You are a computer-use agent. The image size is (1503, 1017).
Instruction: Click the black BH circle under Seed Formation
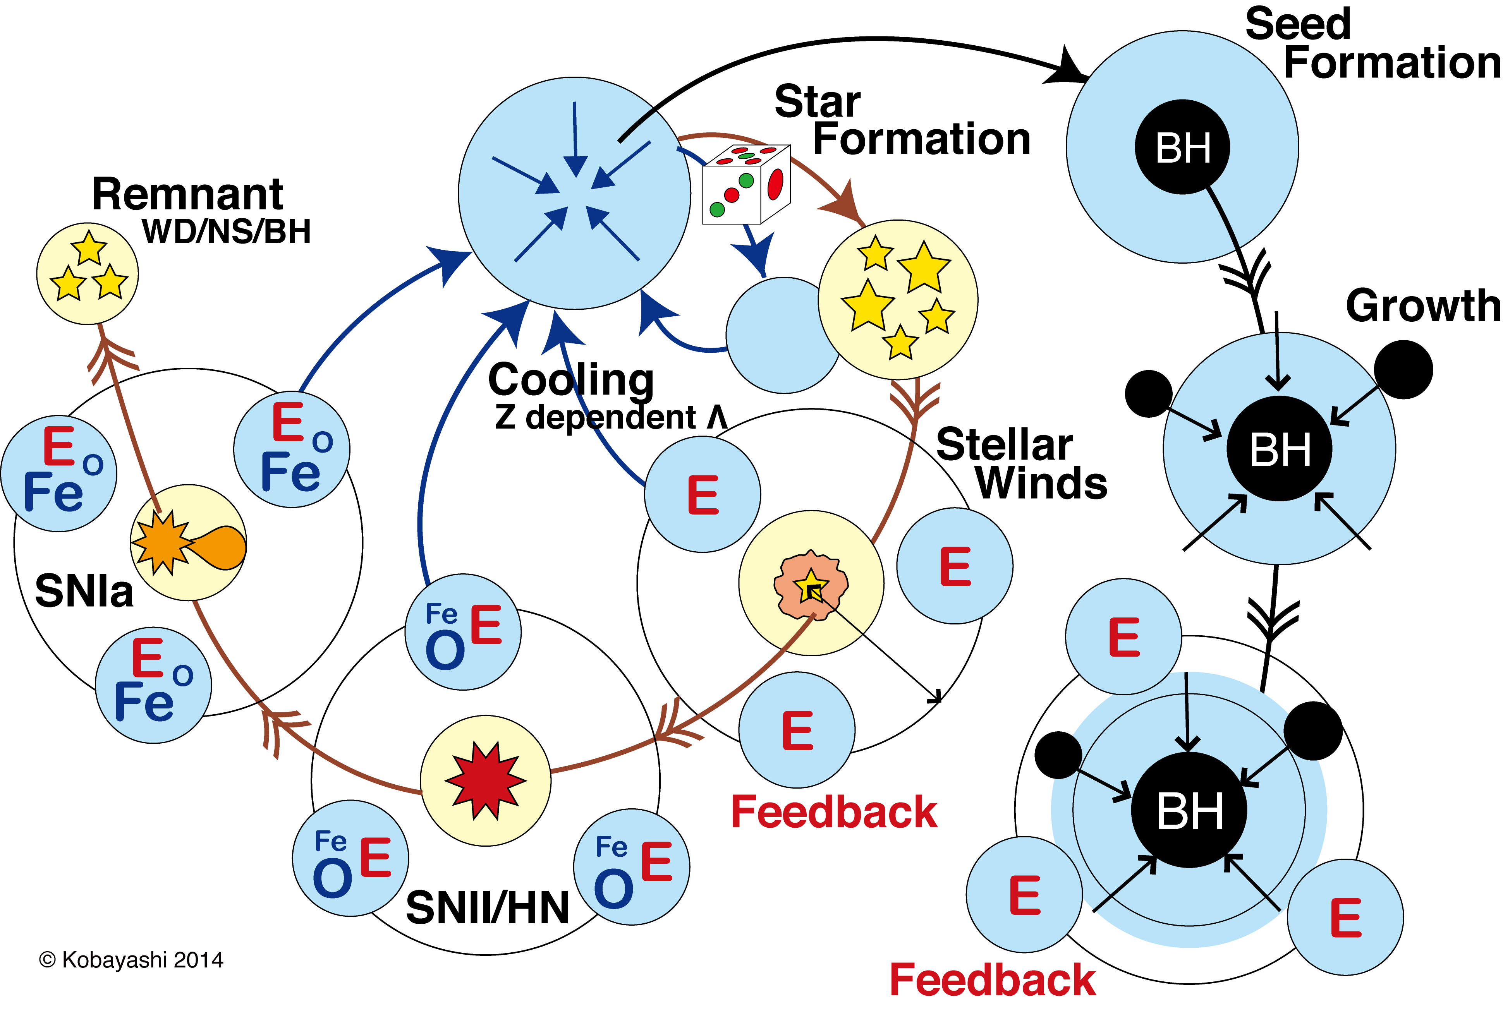(1182, 147)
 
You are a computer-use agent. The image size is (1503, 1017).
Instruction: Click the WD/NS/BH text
(226, 232)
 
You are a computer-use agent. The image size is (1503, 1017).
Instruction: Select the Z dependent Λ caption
(611, 417)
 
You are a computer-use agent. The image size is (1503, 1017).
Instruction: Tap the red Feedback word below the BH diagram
(992, 979)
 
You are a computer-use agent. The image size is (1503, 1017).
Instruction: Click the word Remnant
(187, 194)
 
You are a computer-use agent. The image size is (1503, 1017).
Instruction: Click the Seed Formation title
(1371, 44)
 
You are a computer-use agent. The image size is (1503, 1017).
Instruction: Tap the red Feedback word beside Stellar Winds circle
(834, 812)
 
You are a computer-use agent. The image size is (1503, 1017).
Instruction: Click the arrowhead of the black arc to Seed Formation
(1070, 68)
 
